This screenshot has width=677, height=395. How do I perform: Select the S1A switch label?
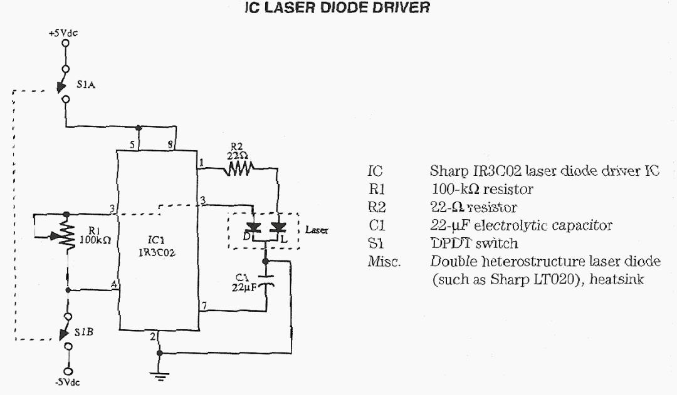86,88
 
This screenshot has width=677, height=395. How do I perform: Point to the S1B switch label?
85,332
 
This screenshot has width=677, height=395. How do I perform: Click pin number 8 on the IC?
172,145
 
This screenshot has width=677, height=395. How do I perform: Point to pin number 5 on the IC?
132,145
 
